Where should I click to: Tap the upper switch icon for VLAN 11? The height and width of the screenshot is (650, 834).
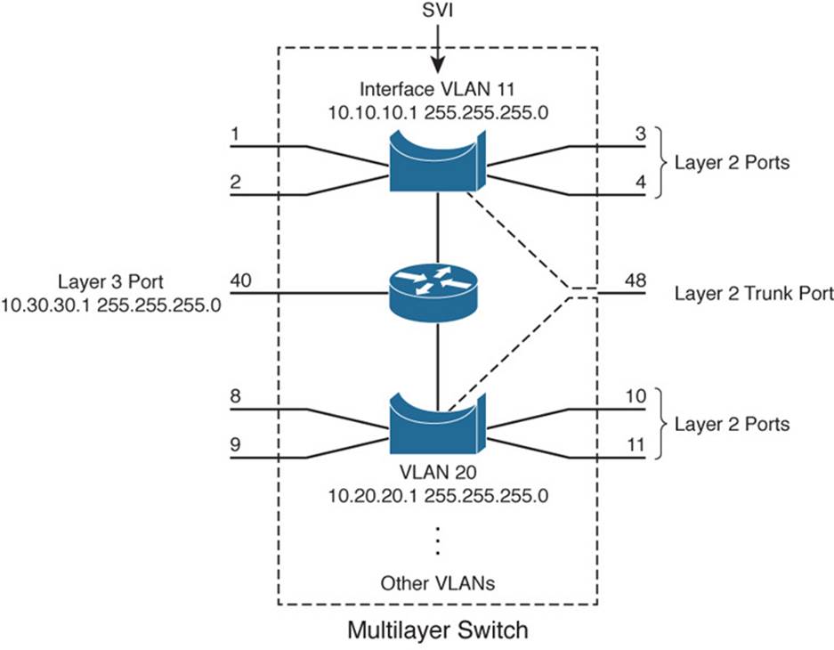pos(437,161)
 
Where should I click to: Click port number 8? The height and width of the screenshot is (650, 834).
pos(235,396)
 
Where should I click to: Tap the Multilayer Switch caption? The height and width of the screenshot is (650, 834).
pos(438,631)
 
